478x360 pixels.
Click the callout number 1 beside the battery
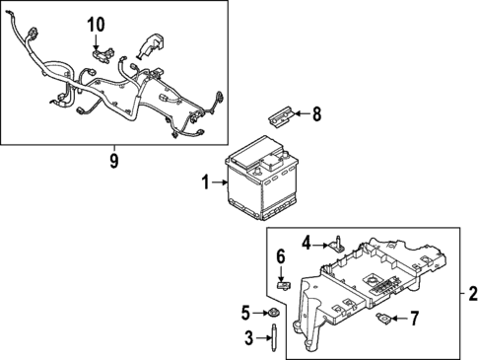click(x=205, y=182)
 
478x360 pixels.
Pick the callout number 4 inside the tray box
click(x=307, y=241)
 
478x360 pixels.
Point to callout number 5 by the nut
click(x=246, y=315)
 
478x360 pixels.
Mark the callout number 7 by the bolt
click(x=414, y=318)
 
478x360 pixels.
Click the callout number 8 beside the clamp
click(x=316, y=113)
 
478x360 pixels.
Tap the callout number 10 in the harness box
click(x=95, y=24)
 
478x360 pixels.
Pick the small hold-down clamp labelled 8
click(x=279, y=116)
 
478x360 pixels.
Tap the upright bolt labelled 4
click(x=335, y=241)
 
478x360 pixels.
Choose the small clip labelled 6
click(x=281, y=286)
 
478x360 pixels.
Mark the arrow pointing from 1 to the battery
click(x=219, y=182)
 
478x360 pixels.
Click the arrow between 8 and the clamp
click(x=302, y=113)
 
